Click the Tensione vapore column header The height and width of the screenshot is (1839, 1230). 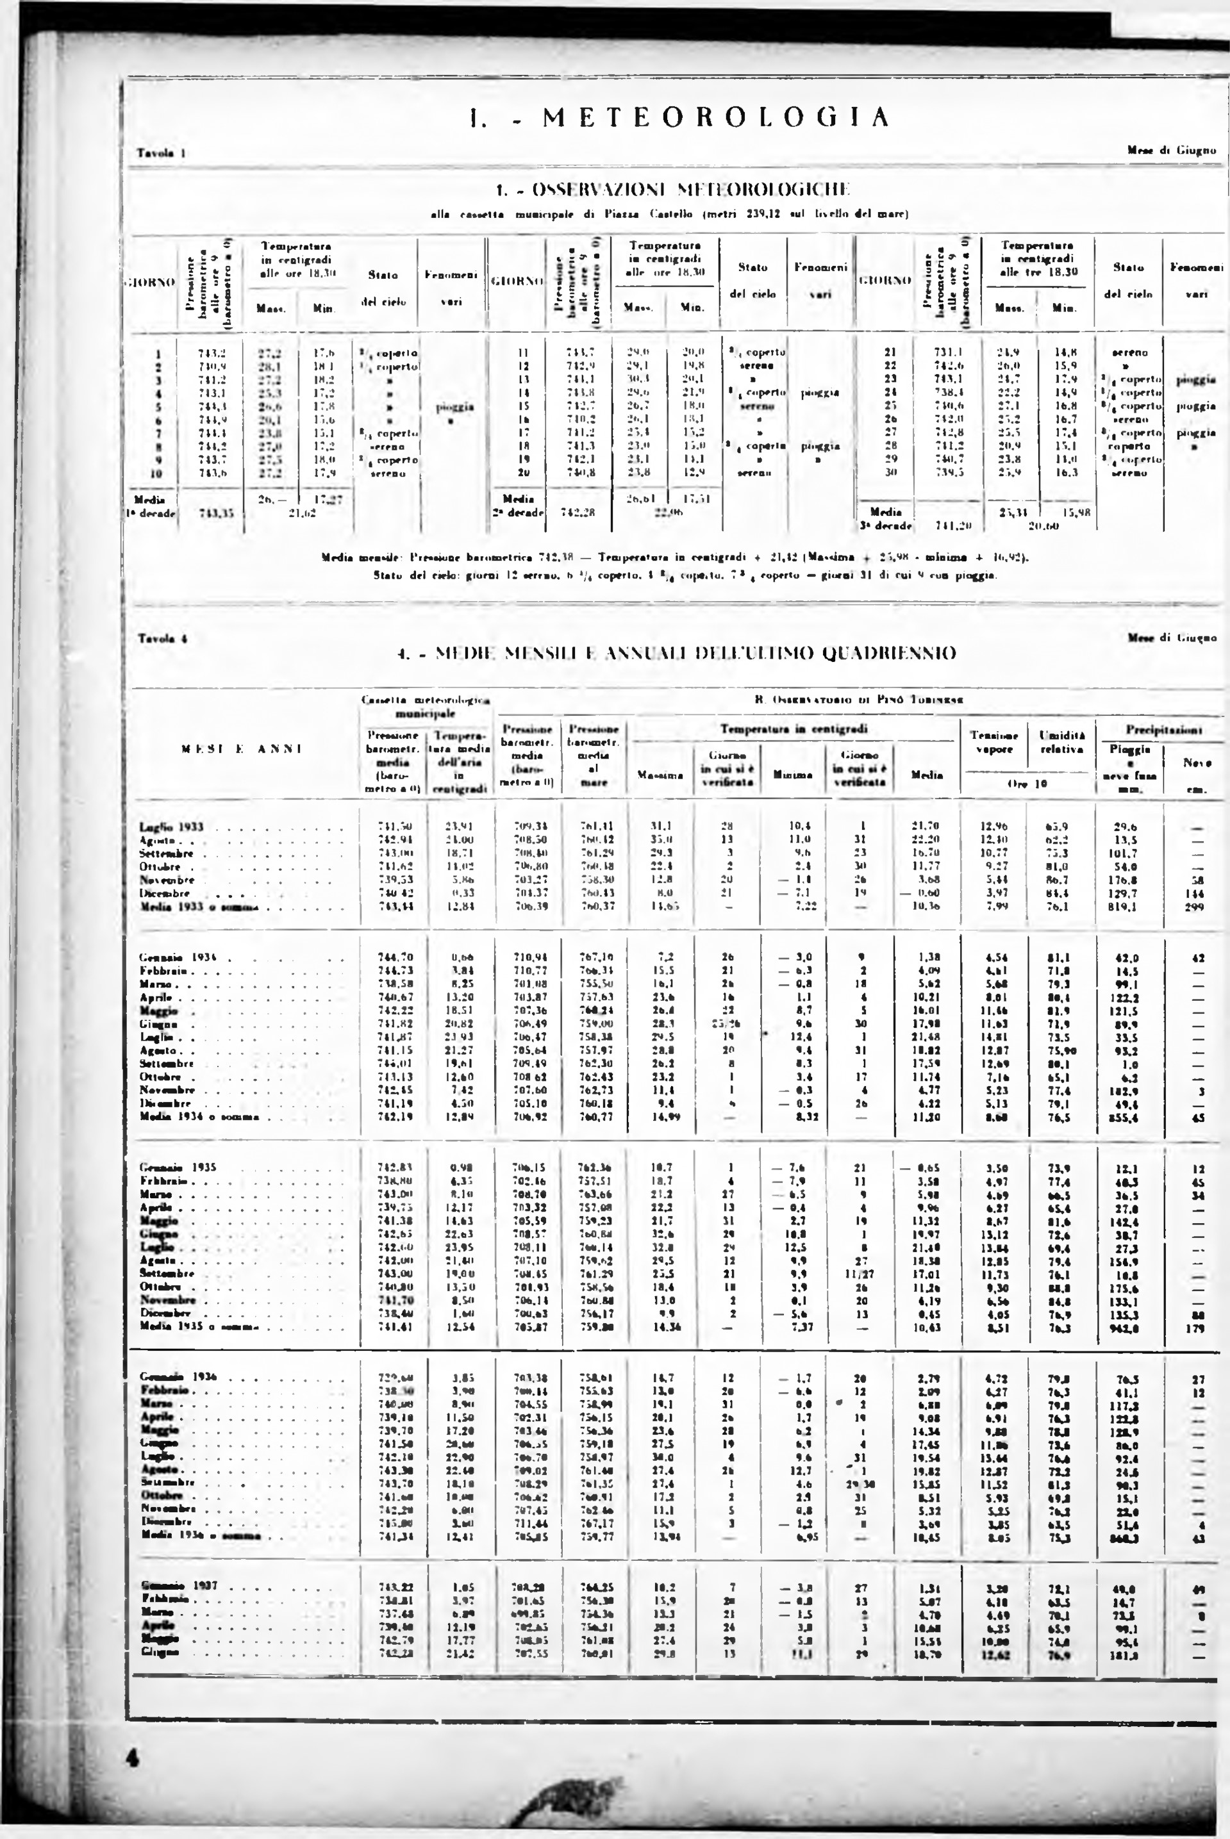coord(994,742)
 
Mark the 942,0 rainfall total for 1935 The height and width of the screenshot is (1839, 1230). coord(1126,1328)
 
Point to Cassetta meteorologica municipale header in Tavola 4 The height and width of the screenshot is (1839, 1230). coord(426,705)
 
